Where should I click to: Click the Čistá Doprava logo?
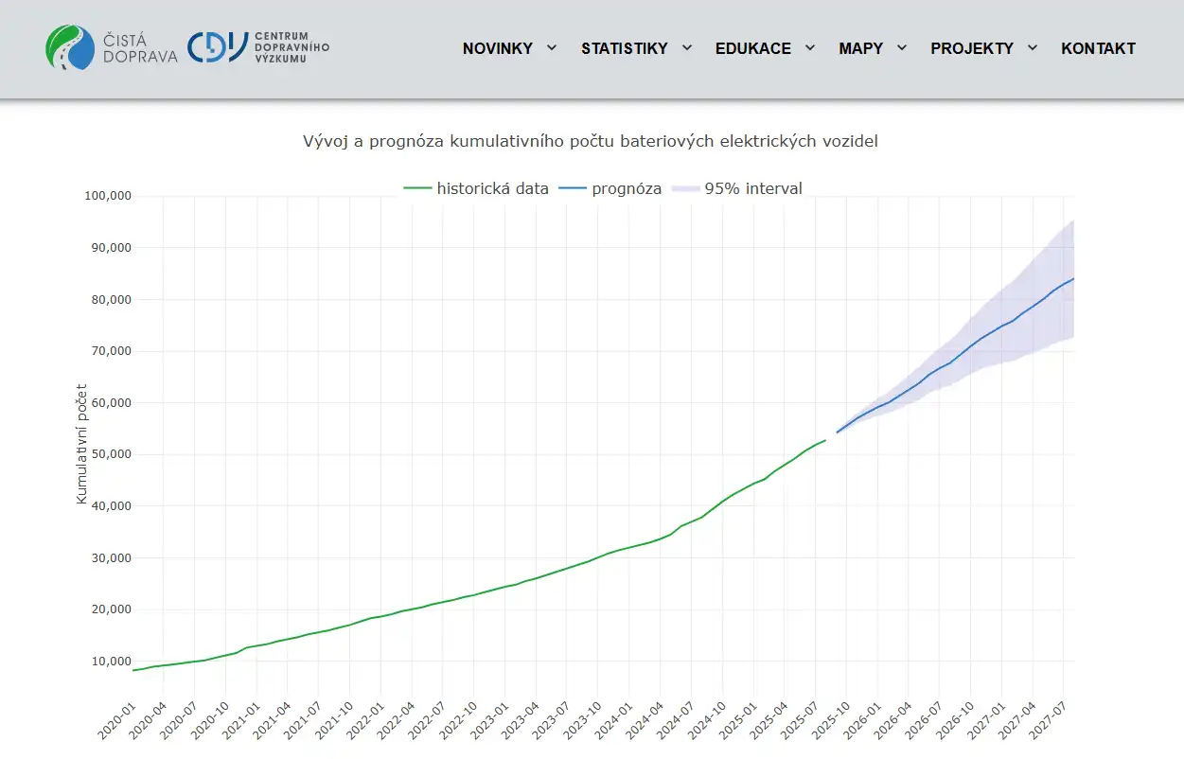click(x=112, y=47)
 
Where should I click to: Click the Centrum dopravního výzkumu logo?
click(x=258, y=47)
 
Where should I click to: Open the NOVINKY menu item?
click(x=498, y=48)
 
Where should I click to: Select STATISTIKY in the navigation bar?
click(x=625, y=48)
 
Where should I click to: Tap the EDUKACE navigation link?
click(x=753, y=48)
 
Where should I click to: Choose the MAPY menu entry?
click(x=860, y=48)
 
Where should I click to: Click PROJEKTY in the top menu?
click(x=972, y=48)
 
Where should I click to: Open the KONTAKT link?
click(x=1098, y=48)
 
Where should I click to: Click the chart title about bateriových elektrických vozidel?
click(x=591, y=141)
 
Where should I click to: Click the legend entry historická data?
click(x=492, y=188)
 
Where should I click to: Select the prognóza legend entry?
click(x=627, y=188)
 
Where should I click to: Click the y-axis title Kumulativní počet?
click(x=81, y=443)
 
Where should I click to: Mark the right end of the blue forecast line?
click(x=1073, y=278)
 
